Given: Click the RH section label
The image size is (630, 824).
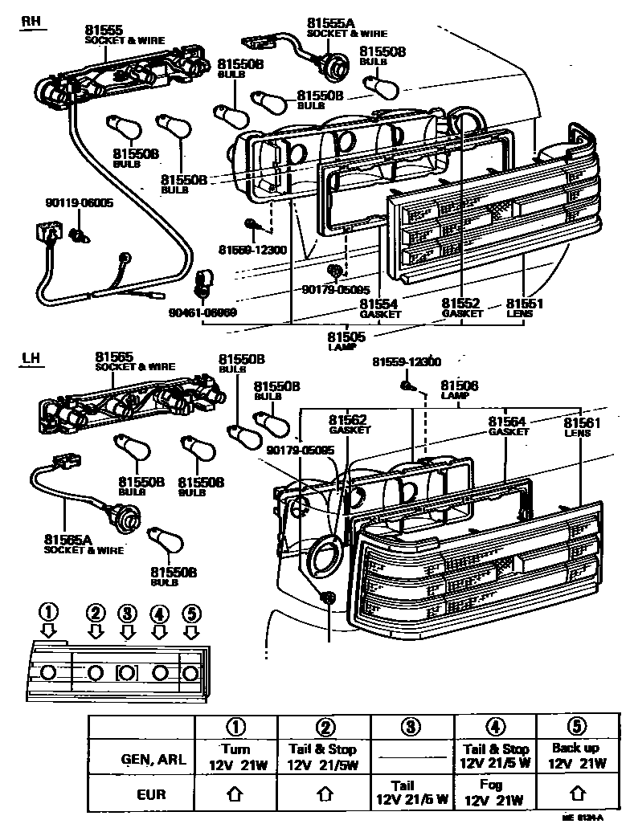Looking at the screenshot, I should [30, 22].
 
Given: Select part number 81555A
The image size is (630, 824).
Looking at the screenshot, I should [331, 25].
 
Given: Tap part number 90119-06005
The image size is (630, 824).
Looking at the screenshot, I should [80, 203].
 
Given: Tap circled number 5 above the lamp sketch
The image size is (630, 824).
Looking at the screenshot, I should [190, 614].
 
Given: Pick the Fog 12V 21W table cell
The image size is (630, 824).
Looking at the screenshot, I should [493, 793].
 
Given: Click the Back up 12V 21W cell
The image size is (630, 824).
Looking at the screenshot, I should [575, 755].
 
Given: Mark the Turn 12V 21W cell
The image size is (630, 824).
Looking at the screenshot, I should [235, 755].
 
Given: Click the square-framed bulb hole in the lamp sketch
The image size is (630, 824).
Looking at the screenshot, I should [126, 672].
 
